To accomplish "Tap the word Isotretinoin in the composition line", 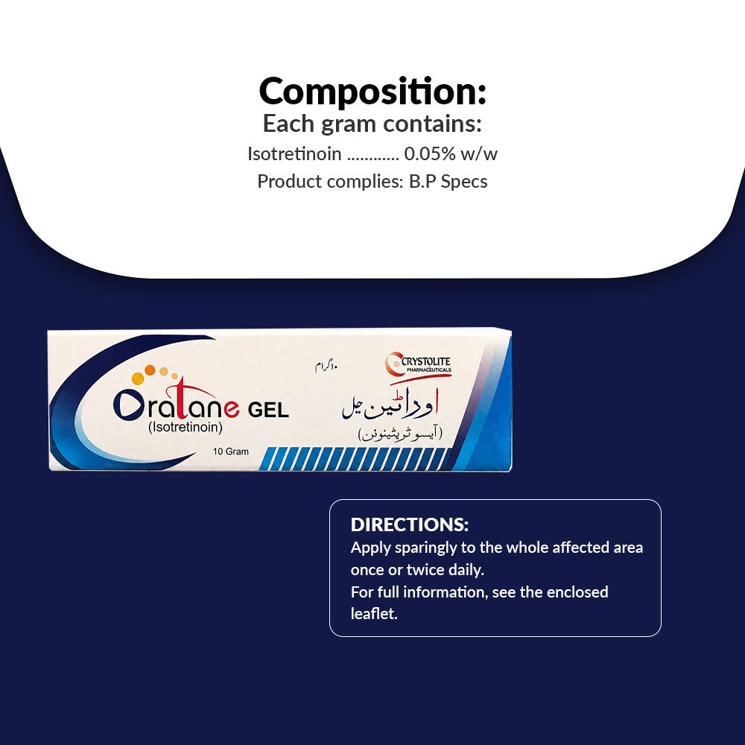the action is tap(294, 154).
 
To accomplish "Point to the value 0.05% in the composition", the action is tap(430, 154).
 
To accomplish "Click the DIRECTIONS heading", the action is tap(410, 524).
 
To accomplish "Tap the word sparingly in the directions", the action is tap(426, 548).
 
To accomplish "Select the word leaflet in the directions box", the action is tap(373, 613).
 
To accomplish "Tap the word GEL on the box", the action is tap(268, 410).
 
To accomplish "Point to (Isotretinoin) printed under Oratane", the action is tap(186, 427).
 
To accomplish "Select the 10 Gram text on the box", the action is tap(230, 451).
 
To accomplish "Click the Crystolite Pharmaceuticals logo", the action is tap(418, 367).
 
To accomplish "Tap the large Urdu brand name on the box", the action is tap(390, 405).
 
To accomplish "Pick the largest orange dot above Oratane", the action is tap(138, 378).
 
